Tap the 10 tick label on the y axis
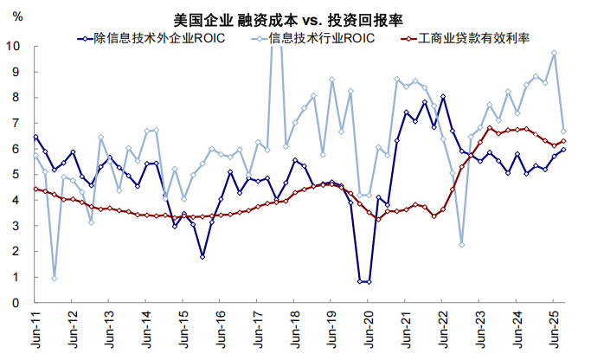16,46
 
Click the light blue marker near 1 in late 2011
55,278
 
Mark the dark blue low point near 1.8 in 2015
202,256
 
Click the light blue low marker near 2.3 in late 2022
462,244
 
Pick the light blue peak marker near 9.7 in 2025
554,54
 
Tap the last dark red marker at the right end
563,141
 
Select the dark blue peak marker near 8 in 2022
443,97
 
